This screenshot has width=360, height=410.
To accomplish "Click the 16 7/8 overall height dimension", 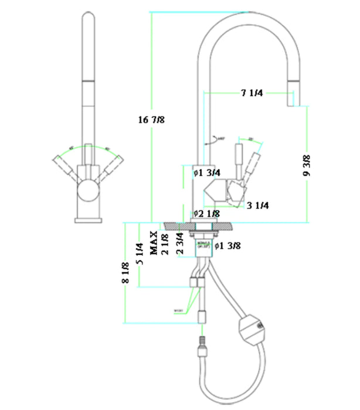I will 151,119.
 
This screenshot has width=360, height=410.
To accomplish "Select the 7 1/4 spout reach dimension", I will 253,93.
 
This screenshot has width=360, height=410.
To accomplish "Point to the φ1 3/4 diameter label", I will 206,173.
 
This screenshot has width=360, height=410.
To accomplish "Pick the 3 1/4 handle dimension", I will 258,205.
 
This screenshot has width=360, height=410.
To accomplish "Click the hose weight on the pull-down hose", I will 251,326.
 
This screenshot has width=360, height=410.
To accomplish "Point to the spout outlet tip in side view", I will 293,100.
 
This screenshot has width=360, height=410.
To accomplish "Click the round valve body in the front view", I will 89,191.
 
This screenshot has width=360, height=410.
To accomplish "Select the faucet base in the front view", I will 89,220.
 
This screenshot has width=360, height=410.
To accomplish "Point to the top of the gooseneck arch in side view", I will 246,14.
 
